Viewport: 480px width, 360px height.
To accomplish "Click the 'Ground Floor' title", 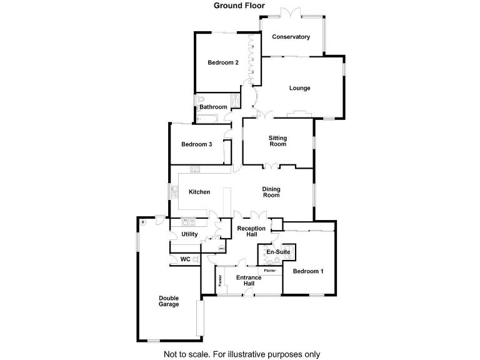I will [239, 6].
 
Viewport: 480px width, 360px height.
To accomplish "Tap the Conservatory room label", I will [291, 37].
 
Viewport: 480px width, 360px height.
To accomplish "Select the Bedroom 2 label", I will [223, 62].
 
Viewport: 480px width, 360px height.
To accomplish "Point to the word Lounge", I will [299, 88].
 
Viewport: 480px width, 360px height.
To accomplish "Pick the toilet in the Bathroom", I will [200, 100].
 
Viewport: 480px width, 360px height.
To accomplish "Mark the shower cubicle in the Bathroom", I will [236, 102].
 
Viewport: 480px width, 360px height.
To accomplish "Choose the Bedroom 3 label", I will [197, 144].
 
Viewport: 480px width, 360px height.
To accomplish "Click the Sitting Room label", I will [277, 141].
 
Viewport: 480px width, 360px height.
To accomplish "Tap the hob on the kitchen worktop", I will [195, 168].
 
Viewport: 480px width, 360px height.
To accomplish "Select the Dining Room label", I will [271, 192].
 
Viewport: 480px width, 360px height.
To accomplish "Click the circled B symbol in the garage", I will [142, 222].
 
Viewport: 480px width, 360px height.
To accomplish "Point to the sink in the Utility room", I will [186, 222].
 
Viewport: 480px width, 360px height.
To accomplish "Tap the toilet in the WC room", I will [197, 259].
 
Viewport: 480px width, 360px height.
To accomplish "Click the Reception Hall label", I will [251, 232].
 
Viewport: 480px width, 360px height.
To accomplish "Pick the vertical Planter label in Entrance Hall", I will [220, 281].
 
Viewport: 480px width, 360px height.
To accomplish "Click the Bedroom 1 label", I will [308, 271].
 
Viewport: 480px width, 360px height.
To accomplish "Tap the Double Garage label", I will [168, 301].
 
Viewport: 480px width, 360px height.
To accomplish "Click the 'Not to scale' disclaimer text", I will [241, 354].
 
